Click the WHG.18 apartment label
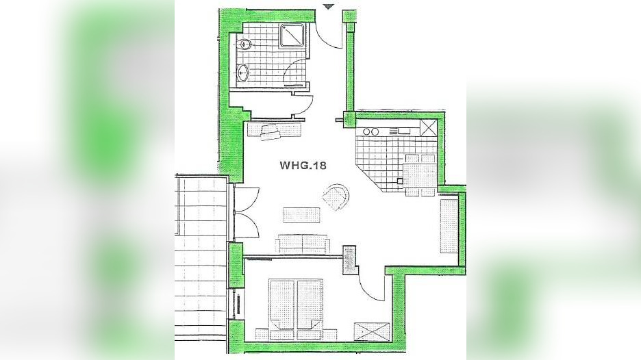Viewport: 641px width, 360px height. (302, 165)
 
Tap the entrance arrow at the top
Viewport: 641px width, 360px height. (329, 6)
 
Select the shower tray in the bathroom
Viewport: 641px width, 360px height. (292, 36)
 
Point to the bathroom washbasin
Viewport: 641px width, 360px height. (243, 70)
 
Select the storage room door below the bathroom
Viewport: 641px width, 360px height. (301, 107)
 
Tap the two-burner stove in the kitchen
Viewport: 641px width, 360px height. (370, 131)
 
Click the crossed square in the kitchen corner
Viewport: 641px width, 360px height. (429, 127)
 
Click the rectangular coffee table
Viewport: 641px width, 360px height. (302, 215)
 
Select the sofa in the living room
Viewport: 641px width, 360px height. (302, 244)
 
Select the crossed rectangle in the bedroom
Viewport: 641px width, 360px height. (372, 331)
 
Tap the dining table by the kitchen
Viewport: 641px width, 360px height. (419, 173)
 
